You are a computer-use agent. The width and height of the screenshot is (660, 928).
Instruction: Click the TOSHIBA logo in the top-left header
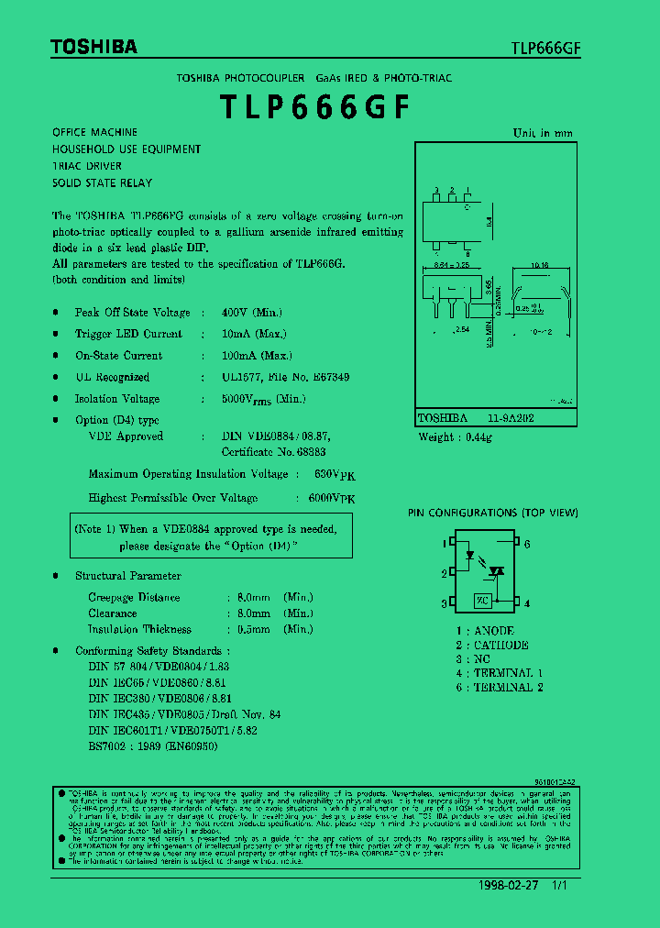pyautogui.click(x=93, y=46)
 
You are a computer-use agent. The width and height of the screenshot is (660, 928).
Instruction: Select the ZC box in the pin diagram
pyautogui.click(x=483, y=602)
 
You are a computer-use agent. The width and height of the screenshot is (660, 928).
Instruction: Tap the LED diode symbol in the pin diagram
pyautogui.click(x=471, y=554)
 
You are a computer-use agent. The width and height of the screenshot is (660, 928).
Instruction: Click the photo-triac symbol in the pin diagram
pyautogui.click(x=497, y=570)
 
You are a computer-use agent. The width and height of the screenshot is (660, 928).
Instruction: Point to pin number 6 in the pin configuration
pyautogui.click(x=528, y=544)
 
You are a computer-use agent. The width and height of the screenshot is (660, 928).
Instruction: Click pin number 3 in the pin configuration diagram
pyautogui.click(x=444, y=603)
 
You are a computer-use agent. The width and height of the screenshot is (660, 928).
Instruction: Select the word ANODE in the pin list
pyautogui.click(x=494, y=631)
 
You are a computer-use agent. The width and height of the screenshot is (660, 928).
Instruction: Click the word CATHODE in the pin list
pyautogui.click(x=501, y=645)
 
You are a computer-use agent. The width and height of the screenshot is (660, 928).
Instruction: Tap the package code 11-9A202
pyautogui.click(x=512, y=417)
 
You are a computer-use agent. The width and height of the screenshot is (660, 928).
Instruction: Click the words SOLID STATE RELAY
pyautogui.click(x=103, y=183)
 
